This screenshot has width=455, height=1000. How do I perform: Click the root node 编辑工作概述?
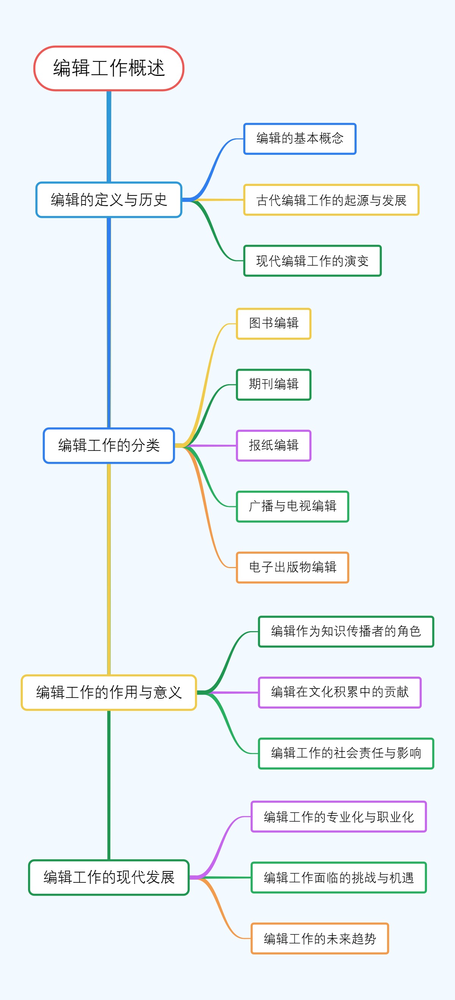(108, 68)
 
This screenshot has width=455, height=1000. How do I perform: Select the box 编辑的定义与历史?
(108, 200)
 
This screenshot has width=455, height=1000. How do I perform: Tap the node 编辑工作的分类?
(108, 445)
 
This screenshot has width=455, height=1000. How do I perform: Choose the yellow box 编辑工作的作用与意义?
(108, 692)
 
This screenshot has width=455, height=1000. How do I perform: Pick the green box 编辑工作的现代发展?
(108, 877)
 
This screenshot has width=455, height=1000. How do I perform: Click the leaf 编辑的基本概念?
(300, 139)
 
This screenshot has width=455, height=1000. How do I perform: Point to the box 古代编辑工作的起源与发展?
(331, 200)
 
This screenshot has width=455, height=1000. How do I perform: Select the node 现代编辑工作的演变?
(312, 260)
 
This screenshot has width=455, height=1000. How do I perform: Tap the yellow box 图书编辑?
(273, 323)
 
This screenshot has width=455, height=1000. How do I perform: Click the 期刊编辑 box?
(273, 384)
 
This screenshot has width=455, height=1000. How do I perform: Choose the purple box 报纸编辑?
(273, 445)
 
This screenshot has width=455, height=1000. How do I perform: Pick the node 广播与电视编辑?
(292, 506)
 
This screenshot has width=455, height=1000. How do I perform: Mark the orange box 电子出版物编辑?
(292, 567)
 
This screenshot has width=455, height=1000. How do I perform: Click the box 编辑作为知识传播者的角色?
(346, 631)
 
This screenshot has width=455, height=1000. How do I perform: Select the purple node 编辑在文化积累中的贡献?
(339, 692)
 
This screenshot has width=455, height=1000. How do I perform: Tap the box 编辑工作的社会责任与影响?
(346, 753)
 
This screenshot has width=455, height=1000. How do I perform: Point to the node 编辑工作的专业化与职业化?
(339, 816)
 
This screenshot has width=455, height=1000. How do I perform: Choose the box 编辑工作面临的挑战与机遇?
(339, 877)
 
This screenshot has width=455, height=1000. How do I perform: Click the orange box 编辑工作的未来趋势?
(320, 938)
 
